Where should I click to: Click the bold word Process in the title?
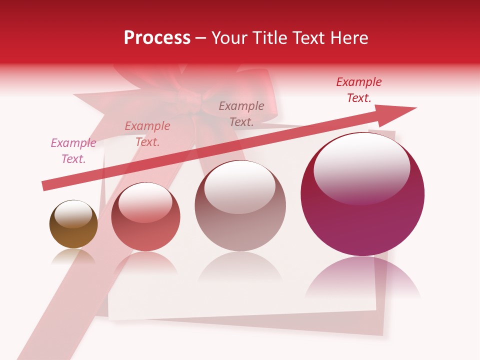pos(157,38)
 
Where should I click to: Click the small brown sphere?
pos(73,224)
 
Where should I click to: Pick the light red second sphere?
pos(145,216)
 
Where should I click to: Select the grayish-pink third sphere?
pos(240,206)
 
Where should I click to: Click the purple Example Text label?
pos(73,151)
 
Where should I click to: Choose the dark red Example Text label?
pos(359,90)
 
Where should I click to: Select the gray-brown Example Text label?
pos(241,113)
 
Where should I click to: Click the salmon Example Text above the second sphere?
pos(147,134)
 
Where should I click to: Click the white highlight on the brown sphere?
pos(73,214)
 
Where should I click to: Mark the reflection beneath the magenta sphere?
pos(362,277)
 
